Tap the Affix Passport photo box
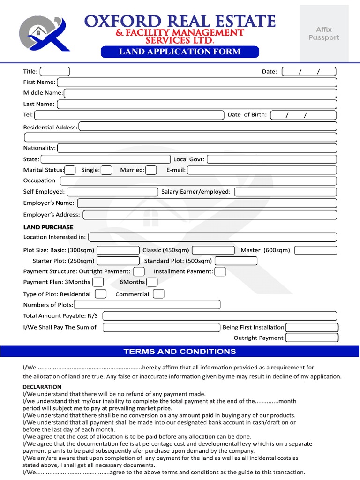tap(324, 34)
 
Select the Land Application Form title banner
tap(180, 52)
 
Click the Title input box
tap(55, 72)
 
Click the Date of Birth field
tap(304, 115)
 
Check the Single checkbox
tap(106, 170)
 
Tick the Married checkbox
tap(151, 170)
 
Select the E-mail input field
tap(262, 170)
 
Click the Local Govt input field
tap(272, 159)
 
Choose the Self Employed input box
tap(112, 192)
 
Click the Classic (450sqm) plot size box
tap(213, 250)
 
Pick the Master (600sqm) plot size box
tap(315, 250)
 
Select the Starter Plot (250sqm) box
tap(118, 261)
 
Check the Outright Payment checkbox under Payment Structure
tap(139, 271)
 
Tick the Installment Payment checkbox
tap(220, 271)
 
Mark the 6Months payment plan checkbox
tap(152, 282)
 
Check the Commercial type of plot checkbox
tap(159, 294)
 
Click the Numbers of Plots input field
tap(147, 305)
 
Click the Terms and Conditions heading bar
tap(180, 351)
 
